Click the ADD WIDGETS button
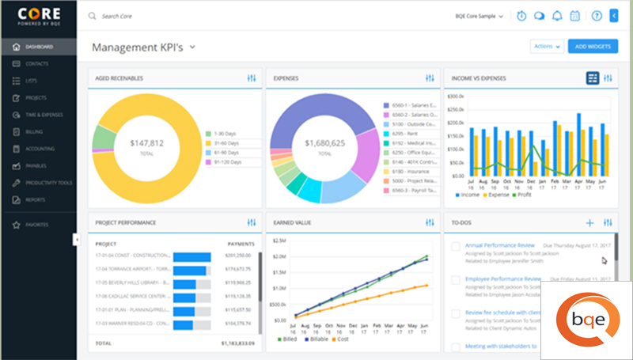(593, 47)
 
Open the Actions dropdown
(546, 47)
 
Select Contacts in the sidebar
(37, 63)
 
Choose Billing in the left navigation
(34, 132)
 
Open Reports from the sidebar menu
(36, 200)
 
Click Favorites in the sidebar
(37, 225)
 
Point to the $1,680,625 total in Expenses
(324, 144)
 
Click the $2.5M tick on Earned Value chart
(277, 240)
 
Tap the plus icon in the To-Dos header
(589, 223)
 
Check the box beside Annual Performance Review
(455, 247)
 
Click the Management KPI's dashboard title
(138, 47)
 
